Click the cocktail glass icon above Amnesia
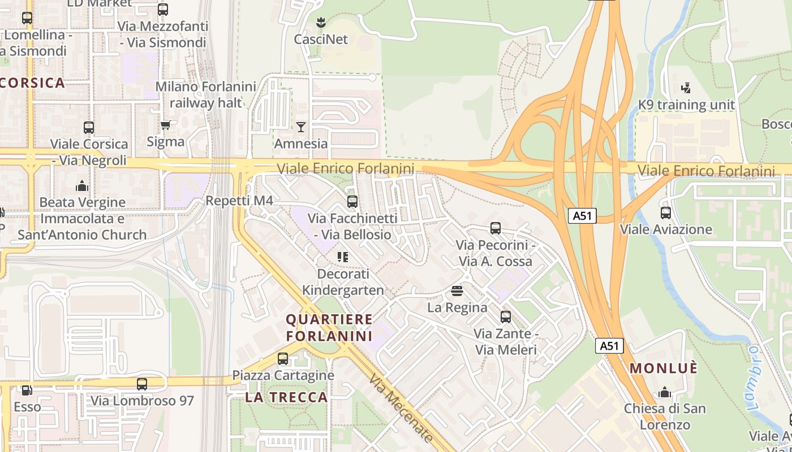click(x=301, y=127)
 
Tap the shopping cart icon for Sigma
click(x=165, y=125)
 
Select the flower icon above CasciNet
click(x=321, y=23)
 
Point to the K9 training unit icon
click(x=686, y=88)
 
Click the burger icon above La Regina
click(x=457, y=291)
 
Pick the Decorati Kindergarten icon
click(x=342, y=257)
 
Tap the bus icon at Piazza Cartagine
click(x=283, y=358)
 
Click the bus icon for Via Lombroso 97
click(x=142, y=384)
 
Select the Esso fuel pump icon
click(x=27, y=390)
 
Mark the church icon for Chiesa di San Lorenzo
click(x=665, y=392)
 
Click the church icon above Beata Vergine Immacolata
click(x=82, y=186)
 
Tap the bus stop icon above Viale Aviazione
click(x=666, y=213)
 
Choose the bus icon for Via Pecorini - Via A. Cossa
click(x=496, y=228)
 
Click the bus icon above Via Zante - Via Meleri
click(x=506, y=317)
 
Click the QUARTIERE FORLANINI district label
click(x=329, y=328)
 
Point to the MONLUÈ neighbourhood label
click(x=664, y=368)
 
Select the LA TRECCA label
click(x=286, y=397)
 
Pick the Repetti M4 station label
click(x=239, y=201)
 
